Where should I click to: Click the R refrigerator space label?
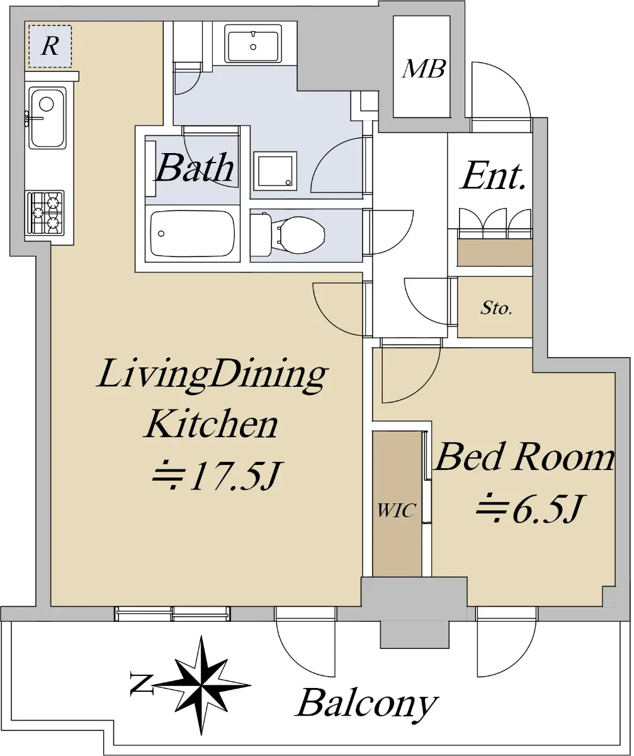coord(50,47)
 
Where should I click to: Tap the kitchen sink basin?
coord(47,118)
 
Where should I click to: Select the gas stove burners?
coord(45,213)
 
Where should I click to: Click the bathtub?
coord(192,234)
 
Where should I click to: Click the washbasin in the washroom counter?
coord(253,44)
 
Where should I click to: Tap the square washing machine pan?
coord(275,171)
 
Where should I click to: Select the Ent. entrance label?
coord(493,176)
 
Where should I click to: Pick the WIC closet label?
coord(396,511)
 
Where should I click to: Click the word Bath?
coord(195,168)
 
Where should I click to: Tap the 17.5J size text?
coord(217,476)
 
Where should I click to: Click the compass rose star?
coord(202,686)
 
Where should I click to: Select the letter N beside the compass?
coord(141,685)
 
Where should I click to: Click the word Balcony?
coord(366,704)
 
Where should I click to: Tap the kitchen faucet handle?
coord(34,118)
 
